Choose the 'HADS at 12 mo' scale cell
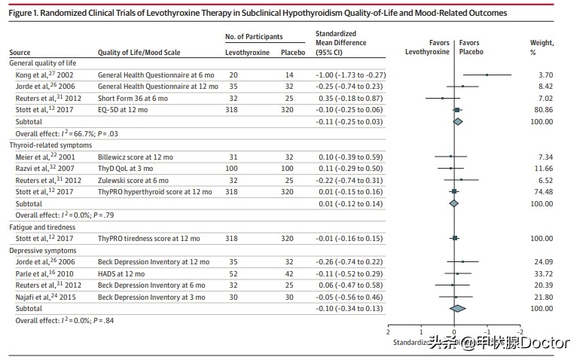119,273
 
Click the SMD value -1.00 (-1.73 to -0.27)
350,75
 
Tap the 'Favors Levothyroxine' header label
427,47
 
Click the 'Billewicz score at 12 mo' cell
134,157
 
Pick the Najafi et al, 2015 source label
35,297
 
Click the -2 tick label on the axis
520,332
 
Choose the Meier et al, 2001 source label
35,157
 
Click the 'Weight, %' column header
541,47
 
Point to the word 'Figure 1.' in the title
26,14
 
